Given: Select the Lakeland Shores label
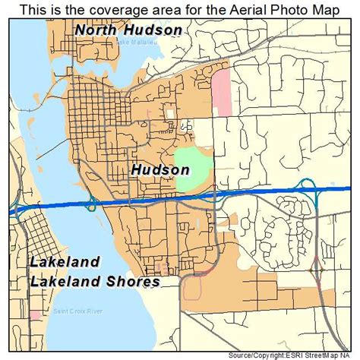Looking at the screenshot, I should click(x=95, y=282).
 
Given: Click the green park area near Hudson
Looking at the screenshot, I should click(x=193, y=170).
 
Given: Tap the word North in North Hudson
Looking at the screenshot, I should click(x=98, y=30).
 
